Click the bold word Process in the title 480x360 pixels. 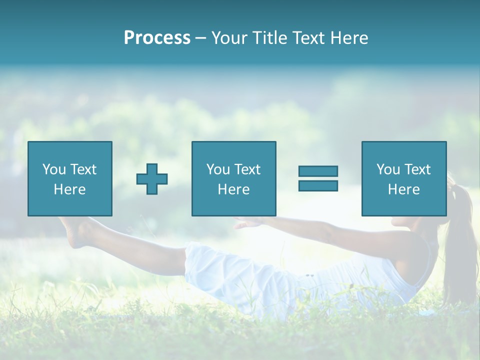(157, 37)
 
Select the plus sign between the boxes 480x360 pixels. (152, 178)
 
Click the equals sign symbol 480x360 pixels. (318, 178)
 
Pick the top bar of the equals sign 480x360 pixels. (318, 171)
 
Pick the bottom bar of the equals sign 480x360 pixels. (318, 186)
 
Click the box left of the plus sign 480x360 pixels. (70, 178)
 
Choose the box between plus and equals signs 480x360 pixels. (233, 178)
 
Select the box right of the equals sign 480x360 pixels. (403, 178)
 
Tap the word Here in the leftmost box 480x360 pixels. (70, 189)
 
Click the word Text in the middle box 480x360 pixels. (247, 169)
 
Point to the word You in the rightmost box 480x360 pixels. (388, 169)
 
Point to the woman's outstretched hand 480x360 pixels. (247, 223)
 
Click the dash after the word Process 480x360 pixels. (200, 37)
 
